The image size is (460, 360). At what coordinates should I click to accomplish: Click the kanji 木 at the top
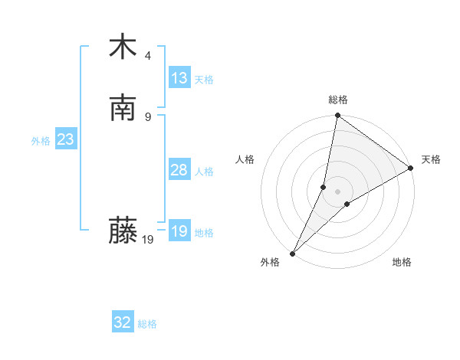(x=123, y=47)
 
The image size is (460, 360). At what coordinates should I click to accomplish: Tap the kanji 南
(x=123, y=108)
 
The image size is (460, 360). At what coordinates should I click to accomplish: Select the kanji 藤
(x=123, y=231)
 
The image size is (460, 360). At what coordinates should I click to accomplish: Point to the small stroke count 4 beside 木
(x=148, y=55)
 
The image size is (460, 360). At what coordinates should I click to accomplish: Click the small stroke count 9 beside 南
(x=148, y=116)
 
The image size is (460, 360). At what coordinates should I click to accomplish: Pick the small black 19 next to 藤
(x=148, y=240)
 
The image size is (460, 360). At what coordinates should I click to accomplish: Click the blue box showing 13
(x=179, y=78)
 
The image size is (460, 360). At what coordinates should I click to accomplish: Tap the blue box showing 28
(x=179, y=170)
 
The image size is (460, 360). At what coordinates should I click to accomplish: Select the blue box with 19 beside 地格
(x=179, y=231)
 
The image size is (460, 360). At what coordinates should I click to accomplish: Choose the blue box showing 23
(x=65, y=140)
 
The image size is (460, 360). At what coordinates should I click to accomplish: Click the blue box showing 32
(x=123, y=323)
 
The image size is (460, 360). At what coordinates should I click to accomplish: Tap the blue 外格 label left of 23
(x=41, y=141)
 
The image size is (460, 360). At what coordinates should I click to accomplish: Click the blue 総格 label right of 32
(x=147, y=324)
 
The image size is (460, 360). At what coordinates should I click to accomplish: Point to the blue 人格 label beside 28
(x=204, y=172)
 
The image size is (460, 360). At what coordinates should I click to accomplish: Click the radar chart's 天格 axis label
(x=431, y=159)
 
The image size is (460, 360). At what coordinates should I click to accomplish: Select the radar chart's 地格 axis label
(x=402, y=262)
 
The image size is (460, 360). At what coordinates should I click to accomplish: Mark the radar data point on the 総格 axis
(x=337, y=116)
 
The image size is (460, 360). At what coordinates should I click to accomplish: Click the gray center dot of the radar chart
(x=337, y=191)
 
